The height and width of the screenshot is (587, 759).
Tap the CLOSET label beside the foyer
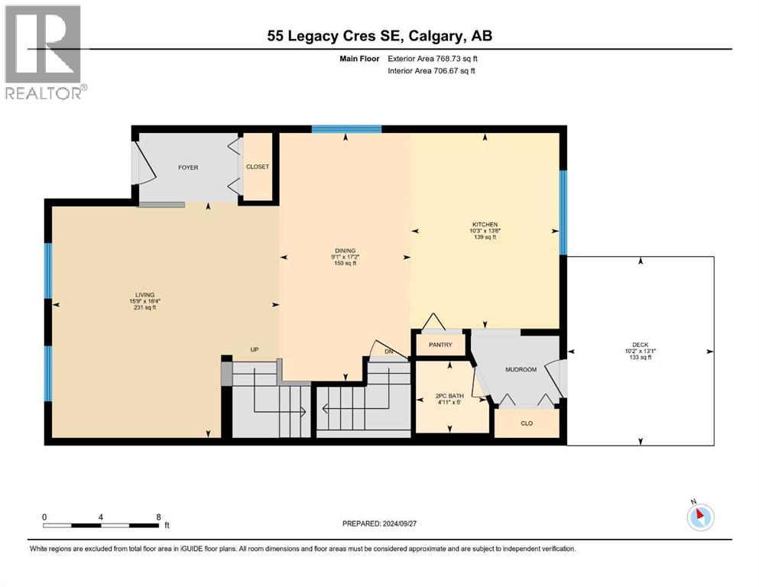[258, 167]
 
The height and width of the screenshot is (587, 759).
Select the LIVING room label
[144, 294]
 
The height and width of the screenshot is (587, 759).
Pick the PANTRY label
[440, 345]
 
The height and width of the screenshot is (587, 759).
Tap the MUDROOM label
[521, 369]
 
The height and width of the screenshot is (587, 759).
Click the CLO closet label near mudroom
[527, 423]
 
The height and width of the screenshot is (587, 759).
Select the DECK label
[640, 345]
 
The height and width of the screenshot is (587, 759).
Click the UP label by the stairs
[255, 350]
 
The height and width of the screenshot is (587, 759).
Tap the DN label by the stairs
[388, 352]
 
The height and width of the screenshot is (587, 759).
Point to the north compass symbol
[700, 516]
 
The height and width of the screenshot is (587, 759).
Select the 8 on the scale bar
[158, 517]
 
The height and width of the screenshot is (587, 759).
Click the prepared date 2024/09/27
[379, 524]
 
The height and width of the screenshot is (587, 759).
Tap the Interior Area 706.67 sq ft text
[432, 71]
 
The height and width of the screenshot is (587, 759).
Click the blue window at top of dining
[346, 128]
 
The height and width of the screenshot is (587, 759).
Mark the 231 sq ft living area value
[144, 307]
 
